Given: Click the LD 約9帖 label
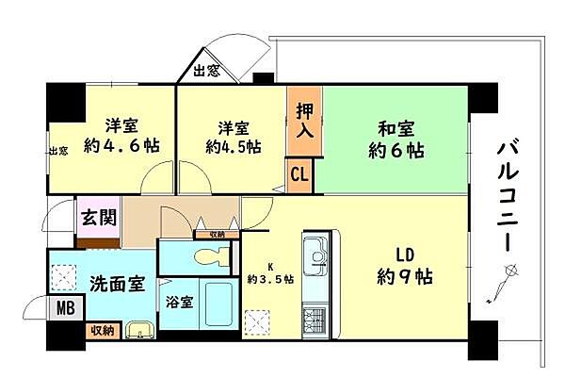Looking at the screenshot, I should (403, 267).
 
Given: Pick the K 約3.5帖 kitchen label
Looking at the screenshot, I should (270, 274).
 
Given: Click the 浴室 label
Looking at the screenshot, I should (181, 304).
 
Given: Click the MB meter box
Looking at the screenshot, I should (65, 308).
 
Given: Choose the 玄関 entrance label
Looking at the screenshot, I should (98, 219).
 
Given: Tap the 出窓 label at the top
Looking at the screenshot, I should (208, 71).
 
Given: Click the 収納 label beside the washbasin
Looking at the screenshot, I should (101, 330).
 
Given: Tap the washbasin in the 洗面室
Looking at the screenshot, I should (138, 330).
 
